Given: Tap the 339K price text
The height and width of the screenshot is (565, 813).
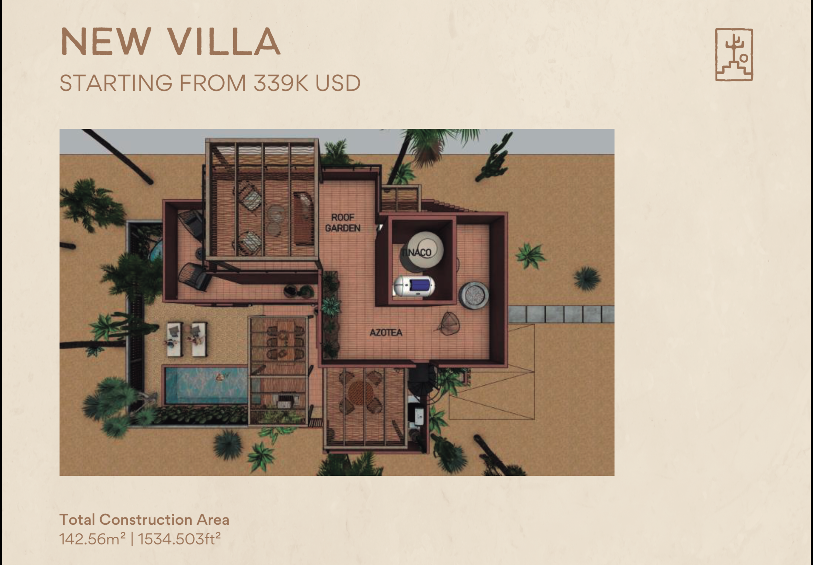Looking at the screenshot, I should coord(281,83).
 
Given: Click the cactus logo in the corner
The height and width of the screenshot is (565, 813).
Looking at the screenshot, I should coord(734,54).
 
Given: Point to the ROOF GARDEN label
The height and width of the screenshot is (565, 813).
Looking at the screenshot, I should coord(342,223).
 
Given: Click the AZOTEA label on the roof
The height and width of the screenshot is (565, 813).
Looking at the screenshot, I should coord(385,332).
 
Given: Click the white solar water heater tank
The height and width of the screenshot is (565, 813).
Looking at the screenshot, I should coord(414,285).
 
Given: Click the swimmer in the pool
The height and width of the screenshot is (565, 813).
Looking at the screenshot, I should coord(220,377).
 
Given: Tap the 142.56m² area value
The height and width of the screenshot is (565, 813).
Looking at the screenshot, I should coord(92,539).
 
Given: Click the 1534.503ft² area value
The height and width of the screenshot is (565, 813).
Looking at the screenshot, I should coord(179,539).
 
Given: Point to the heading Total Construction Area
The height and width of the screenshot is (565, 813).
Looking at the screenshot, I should coord(144,520).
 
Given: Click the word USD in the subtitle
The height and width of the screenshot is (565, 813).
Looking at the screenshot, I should coord(338,83).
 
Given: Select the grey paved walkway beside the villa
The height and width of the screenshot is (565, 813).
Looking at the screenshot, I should coord(560,314).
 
